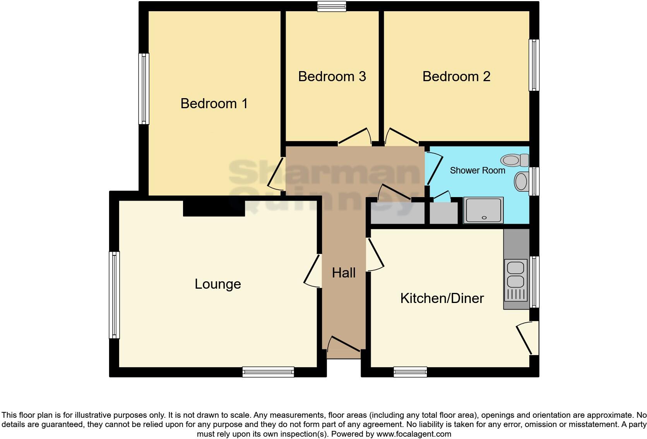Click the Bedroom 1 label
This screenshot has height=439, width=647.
[x=214, y=104]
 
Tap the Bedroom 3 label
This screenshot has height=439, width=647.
[x=332, y=77]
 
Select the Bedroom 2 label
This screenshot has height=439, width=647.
[x=456, y=77]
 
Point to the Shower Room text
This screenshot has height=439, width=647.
[x=477, y=170]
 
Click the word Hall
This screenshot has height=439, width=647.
[x=344, y=273]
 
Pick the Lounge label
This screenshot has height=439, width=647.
[x=217, y=284]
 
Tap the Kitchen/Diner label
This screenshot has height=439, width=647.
[x=442, y=298]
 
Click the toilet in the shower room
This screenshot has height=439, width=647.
[x=515, y=160]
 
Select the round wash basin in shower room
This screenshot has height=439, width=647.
[x=521, y=181]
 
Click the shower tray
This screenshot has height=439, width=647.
[x=484, y=210]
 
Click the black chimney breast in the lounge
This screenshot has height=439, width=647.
[x=214, y=208]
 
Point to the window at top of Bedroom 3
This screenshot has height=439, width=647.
[x=331, y=6]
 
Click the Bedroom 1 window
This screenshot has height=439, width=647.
[x=144, y=89]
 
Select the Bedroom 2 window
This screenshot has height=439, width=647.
[x=534, y=65]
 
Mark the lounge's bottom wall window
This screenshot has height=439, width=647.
[x=268, y=372]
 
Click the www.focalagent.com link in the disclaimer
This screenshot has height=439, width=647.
[x=414, y=434]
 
